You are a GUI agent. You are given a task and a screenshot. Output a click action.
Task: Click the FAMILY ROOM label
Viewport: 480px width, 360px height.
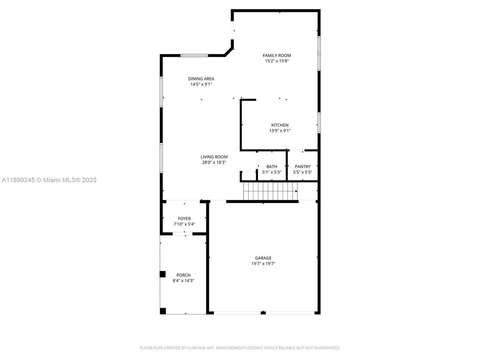point(277,55)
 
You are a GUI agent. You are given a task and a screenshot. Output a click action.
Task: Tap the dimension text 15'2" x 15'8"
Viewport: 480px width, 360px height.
point(277,61)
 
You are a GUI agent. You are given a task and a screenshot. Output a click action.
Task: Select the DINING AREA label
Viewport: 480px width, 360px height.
point(201,78)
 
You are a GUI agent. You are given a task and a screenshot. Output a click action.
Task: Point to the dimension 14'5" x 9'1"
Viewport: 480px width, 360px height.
point(201,84)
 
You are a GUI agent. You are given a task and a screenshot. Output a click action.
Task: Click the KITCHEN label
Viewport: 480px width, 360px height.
point(279,125)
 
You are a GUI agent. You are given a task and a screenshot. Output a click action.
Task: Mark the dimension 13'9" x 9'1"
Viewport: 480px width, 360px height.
point(279,131)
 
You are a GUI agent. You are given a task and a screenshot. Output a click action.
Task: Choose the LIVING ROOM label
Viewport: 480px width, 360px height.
point(214,156)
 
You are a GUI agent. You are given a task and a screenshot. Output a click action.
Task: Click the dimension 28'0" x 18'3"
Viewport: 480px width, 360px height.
point(214,162)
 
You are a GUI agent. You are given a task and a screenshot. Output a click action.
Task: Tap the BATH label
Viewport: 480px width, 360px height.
point(271,166)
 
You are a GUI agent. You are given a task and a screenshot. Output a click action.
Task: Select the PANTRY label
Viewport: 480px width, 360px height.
point(302,166)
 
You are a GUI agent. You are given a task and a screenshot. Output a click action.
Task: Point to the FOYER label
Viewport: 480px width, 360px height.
point(184,218)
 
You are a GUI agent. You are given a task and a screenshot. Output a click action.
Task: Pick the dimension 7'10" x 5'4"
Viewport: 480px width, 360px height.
point(184,224)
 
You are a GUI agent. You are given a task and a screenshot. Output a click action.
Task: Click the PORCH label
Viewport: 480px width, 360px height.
point(183,275)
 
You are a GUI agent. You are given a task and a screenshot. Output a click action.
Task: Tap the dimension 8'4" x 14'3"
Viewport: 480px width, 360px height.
point(183,281)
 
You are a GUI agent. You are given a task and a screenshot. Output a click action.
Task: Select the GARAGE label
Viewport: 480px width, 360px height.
point(263,258)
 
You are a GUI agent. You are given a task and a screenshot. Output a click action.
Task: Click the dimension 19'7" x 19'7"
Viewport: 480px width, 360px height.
point(263,264)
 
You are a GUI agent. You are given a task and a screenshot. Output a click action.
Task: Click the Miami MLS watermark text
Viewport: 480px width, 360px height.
point(49,180)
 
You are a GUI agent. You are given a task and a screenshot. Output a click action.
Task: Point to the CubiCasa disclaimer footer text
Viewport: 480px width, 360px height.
point(239,347)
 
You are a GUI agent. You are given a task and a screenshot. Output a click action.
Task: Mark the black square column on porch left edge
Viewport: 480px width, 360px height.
point(162,274)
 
